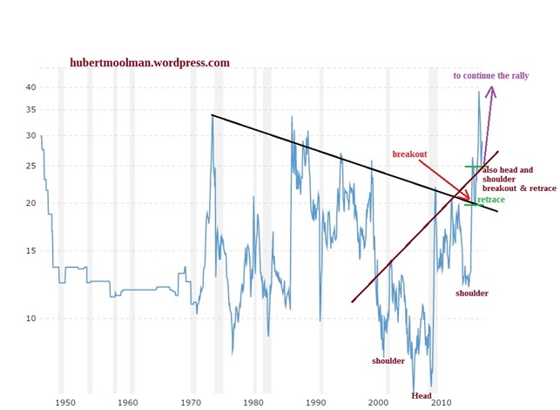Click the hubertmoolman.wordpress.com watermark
click(x=150, y=63)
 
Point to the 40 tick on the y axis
click(x=30, y=87)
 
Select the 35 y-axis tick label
click(x=30, y=111)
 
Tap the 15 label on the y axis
click(x=30, y=251)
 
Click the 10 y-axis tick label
click(x=30, y=318)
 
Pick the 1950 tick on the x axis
click(x=65, y=402)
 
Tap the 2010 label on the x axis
click(x=442, y=402)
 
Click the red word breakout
click(x=409, y=154)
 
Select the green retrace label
click(x=491, y=200)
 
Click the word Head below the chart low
click(x=422, y=395)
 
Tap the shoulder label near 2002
click(x=388, y=360)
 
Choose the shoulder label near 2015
click(x=472, y=293)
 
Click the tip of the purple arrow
click(x=492, y=85)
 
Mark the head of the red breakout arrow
click(x=469, y=202)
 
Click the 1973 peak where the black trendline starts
click(x=212, y=115)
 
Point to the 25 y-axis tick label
click(x=30, y=166)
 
